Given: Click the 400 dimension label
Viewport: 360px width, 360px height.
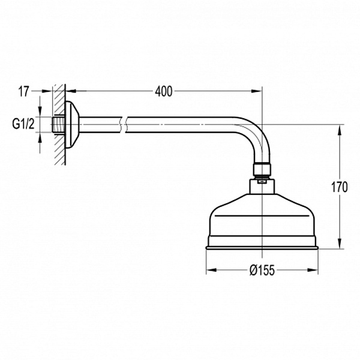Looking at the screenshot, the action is coord(163,92).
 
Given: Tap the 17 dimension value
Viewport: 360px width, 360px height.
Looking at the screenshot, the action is coord(24,91).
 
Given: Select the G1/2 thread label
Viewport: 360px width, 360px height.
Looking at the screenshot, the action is coord(23,124).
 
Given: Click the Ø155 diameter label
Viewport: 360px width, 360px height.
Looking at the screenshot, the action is coord(262,270).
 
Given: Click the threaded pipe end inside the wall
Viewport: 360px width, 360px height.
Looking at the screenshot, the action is coord(58,124).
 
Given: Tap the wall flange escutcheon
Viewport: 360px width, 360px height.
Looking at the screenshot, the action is coord(72,124).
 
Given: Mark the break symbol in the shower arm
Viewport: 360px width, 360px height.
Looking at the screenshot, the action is coord(122,124).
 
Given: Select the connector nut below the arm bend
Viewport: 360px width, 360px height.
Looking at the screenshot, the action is coord(262,169).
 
